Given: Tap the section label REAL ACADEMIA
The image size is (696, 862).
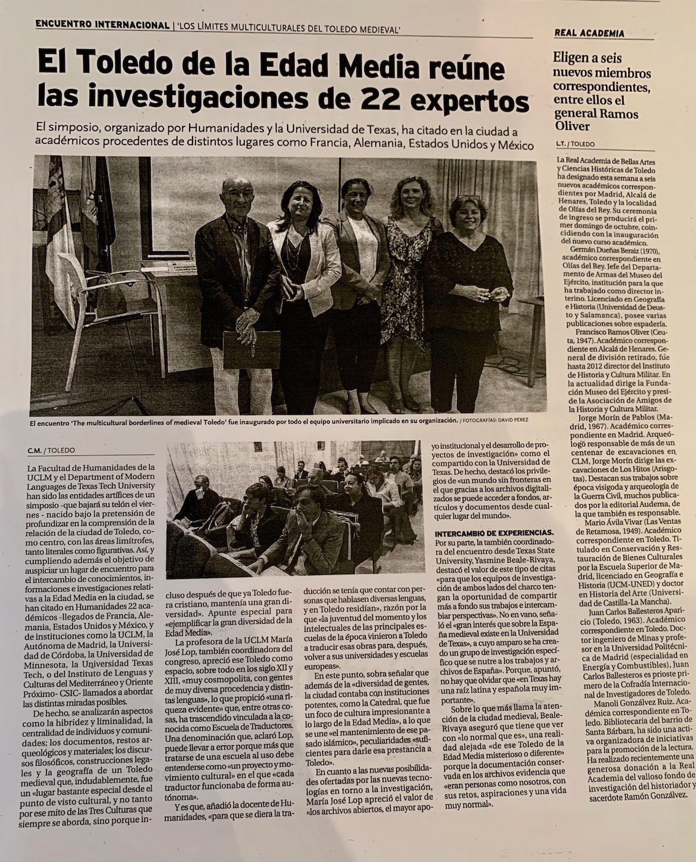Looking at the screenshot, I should pyautogui.click(x=589, y=33).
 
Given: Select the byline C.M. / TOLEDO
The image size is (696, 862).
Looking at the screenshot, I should pyautogui.click(x=51, y=450).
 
